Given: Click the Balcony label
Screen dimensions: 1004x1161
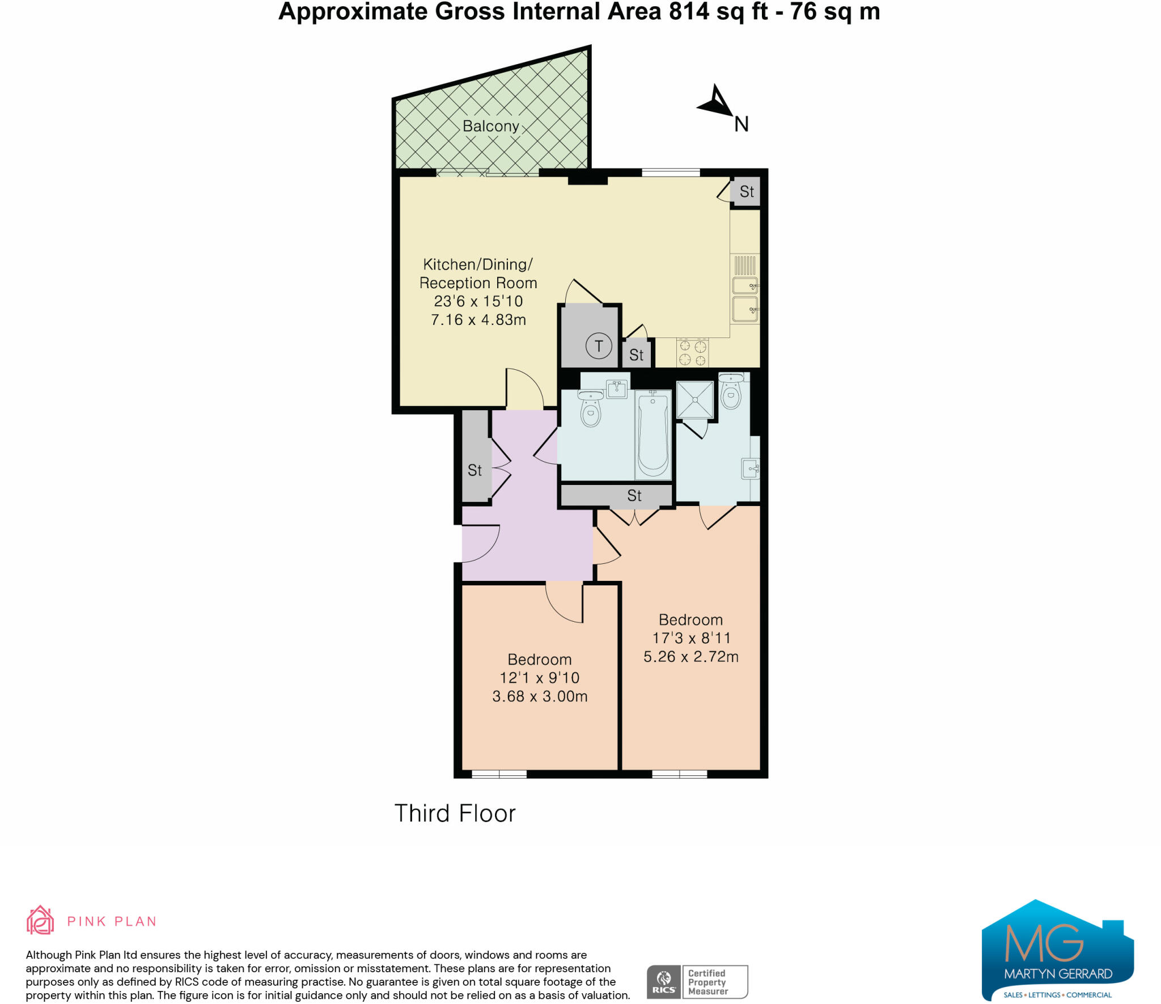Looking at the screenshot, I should [490, 126].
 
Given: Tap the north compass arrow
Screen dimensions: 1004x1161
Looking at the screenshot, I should [717, 103].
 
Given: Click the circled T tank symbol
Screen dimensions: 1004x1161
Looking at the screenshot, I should [599, 345].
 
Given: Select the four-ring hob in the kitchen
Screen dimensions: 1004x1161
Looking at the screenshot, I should [693, 352].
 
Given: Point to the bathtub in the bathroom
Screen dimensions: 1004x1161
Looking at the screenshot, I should [652, 435].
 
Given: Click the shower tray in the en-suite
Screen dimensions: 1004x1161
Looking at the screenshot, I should [694, 400].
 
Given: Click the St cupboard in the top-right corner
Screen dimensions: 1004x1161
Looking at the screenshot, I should [746, 192].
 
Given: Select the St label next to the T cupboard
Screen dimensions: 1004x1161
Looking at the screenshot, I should [636, 355].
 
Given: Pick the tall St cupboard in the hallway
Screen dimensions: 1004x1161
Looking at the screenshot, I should [475, 470].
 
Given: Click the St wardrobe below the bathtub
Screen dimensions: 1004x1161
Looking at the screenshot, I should [634, 496].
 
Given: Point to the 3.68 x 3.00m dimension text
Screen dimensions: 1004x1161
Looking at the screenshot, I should [540, 696].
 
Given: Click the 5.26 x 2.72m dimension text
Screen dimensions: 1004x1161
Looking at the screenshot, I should [690, 656].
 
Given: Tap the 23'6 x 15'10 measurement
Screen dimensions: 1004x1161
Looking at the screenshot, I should [478, 301].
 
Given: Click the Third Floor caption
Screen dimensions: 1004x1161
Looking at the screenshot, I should [455, 813].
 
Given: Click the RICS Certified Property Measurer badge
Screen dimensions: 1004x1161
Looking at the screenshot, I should [697, 982].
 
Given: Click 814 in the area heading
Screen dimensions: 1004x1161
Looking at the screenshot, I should [689, 11].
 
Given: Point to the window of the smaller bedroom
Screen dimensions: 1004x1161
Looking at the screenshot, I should [499, 774].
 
